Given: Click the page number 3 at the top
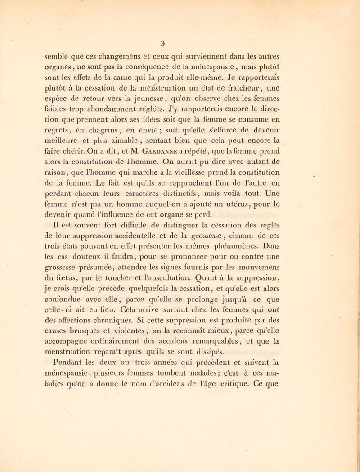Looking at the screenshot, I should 177,44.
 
